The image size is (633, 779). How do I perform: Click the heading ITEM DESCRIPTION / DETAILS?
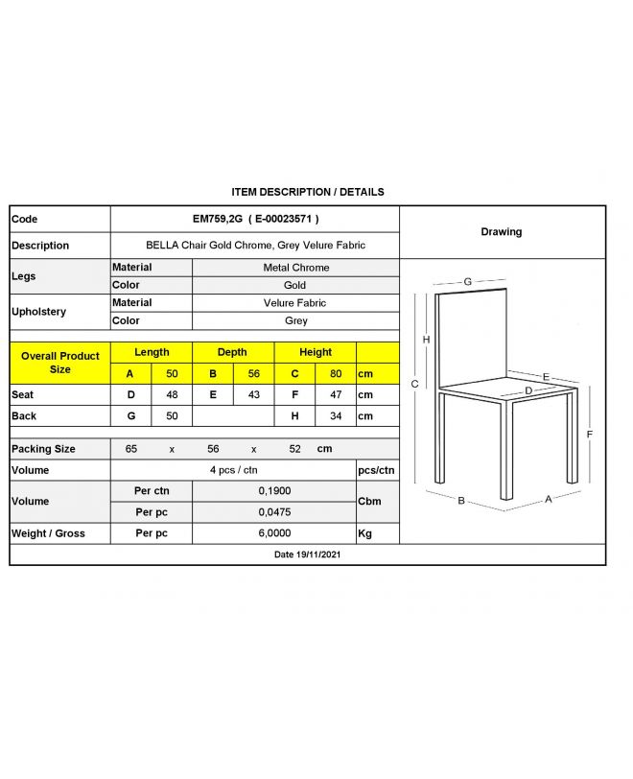coord(308,192)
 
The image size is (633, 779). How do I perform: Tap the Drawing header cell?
coord(501,232)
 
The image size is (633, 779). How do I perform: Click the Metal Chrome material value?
coord(295,268)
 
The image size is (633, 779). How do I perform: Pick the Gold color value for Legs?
coord(295,285)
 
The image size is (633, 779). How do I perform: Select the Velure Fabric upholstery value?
coord(295,303)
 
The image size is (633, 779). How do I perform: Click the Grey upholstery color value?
coord(295,321)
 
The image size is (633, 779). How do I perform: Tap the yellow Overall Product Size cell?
coord(59,363)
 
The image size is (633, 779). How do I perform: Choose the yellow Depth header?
coord(232,352)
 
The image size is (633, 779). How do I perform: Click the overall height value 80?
coord(336,373)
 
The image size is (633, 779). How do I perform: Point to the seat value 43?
coord(253,394)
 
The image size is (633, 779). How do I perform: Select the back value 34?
coord(336,416)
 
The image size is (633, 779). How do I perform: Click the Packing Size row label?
coord(43,449)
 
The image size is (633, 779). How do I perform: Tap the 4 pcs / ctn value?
coord(233,470)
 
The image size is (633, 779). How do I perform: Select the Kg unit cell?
coord(364,533)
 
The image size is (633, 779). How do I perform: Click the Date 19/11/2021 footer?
coord(308,555)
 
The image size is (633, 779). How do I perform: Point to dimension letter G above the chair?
coord(467,281)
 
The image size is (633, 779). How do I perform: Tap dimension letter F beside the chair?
coord(589,434)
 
